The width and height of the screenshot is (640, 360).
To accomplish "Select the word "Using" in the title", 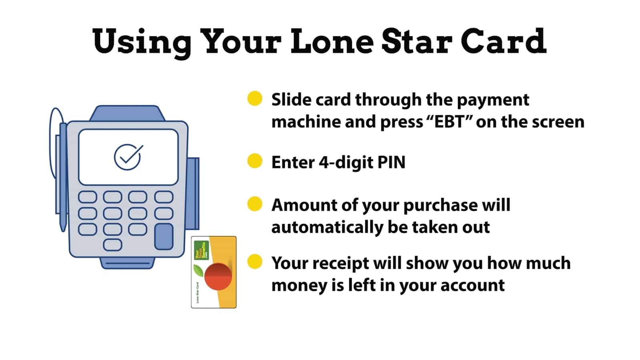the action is click(142, 43).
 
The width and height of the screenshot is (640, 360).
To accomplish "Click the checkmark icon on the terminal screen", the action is click(128, 157).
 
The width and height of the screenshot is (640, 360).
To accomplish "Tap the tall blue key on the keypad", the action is click(164, 236).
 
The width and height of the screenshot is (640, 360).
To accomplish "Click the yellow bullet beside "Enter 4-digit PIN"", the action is click(254, 161).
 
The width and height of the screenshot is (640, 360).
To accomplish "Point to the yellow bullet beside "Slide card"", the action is click(254, 98).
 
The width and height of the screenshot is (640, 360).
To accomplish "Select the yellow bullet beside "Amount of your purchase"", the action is click(254, 204).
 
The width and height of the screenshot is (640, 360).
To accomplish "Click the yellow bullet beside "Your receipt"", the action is click(254, 262).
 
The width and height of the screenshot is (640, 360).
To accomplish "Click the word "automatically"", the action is click(327, 228).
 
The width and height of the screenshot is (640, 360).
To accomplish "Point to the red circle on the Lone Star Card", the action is click(218, 276).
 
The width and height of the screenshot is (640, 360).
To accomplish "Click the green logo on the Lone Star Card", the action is click(202, 250).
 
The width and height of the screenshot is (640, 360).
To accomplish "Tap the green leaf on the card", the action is click(199, 270).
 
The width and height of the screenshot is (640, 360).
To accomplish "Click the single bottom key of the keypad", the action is click(112, 245).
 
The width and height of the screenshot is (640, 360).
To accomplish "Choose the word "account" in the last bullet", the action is click(473, 286).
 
